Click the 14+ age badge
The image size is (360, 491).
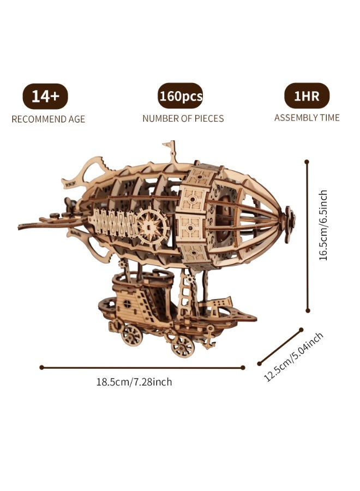(45, 96)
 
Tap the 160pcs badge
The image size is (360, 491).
(181, 96)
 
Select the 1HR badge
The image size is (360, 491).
(307, 95)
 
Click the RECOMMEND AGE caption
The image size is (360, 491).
(48, 119)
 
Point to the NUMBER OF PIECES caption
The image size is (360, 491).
(183, 119)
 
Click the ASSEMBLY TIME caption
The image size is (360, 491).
(307, 118)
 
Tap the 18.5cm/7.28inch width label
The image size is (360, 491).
(134, 382)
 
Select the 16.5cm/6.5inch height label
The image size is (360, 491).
(323, 225)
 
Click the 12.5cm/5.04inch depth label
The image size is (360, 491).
(293, 357)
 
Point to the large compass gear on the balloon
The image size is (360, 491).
(153, 225)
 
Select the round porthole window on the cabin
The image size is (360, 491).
(127, 303)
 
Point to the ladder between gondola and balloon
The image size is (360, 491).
(185, 290)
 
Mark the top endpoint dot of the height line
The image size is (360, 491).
(307, 162)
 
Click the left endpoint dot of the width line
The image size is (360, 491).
(41, 367)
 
